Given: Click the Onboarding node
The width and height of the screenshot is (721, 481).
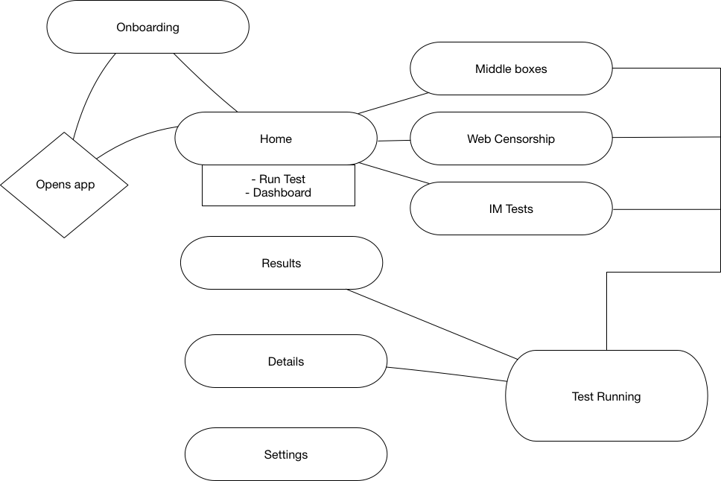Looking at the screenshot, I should [x=147, y=28].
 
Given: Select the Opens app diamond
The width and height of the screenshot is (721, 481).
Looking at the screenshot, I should [x=65, y=185].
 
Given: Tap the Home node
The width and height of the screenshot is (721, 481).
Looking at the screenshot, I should [x=276, y=138].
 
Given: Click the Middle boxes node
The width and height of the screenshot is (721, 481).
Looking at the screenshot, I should [x=511, y=69].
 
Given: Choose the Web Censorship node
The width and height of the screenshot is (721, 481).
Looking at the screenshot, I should [x=511, y=138].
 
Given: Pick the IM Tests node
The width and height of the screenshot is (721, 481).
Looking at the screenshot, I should [x=511, y=208].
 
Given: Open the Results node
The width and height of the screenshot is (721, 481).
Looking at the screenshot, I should [x=282, y=263].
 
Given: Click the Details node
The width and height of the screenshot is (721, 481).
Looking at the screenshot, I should [x=286, y=361].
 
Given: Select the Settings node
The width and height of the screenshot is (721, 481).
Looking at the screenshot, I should [x=286, y=454].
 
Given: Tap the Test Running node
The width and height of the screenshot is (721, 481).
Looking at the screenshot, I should [x=606, y=396].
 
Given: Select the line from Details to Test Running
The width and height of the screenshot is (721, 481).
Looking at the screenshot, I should [x=447, y=375].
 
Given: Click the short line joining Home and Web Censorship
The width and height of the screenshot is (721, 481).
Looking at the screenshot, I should [x=393, y=140].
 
